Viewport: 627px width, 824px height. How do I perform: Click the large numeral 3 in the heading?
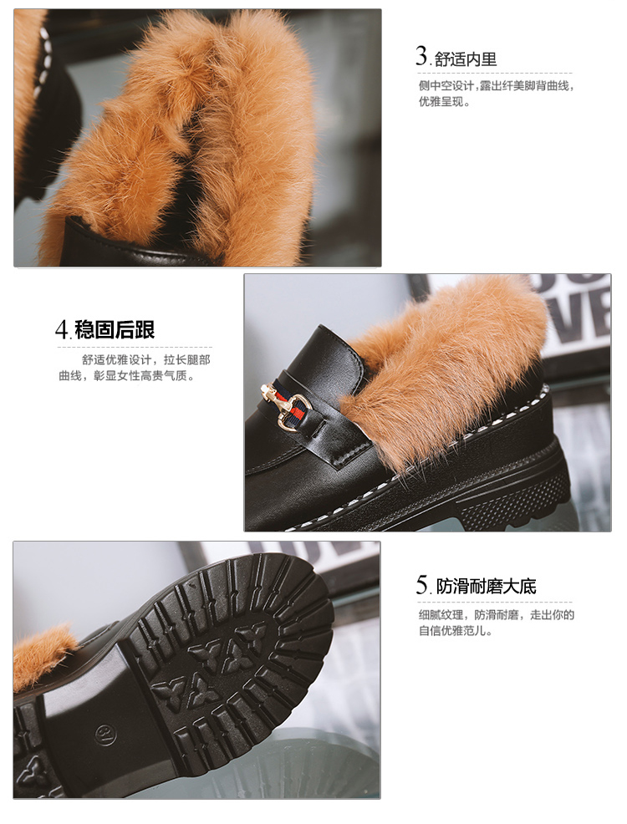coord(421,56)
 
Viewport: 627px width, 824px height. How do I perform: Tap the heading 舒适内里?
coord(466,59)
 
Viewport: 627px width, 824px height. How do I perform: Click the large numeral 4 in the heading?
coord(62,329)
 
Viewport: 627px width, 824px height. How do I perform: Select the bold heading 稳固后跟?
coord(115,329)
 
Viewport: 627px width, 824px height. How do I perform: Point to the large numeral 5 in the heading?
coord(422,584)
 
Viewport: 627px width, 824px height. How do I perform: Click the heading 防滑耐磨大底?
coord(486,587)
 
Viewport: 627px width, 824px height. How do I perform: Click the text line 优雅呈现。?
coord(444,101)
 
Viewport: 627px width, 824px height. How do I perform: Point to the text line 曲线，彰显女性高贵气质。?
coord(126,376)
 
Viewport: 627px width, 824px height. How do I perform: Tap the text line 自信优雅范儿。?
coord(455,631)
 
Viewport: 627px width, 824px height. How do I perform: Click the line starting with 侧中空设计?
coord(496,85)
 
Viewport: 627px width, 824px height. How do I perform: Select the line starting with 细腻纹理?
coord(496,615)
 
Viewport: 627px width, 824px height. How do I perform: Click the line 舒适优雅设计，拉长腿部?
coord(146,360)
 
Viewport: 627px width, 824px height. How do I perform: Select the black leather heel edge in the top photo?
coord(131,248)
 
